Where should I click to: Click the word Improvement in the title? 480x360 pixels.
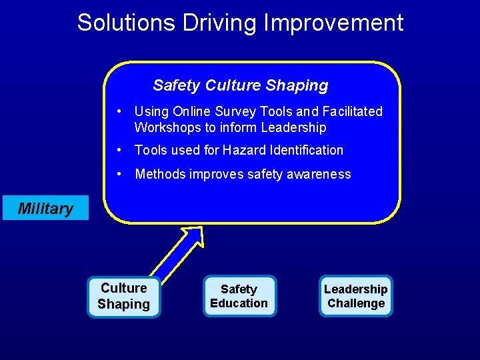click(x=334, y=23)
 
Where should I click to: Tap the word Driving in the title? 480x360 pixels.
click(x=213, y=23)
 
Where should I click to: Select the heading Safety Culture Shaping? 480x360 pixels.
click(x=240, y=85)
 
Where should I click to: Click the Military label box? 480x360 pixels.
click(x=45, y=209)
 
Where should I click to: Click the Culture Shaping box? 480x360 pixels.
click(x=124, y=297)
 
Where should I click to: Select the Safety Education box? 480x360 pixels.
click(x=239, y=297)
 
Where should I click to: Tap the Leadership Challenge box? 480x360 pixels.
click(x=355, y=297)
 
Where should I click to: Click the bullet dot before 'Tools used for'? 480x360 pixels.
click(x=118, y=150)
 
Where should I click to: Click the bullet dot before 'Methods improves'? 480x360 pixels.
click(x=118, y=174)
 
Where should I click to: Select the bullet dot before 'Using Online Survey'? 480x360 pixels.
click(x=118, y=111)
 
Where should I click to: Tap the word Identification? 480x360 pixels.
click(x=309, y=150)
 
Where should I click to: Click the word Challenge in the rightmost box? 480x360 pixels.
click(x=356, y=304)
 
